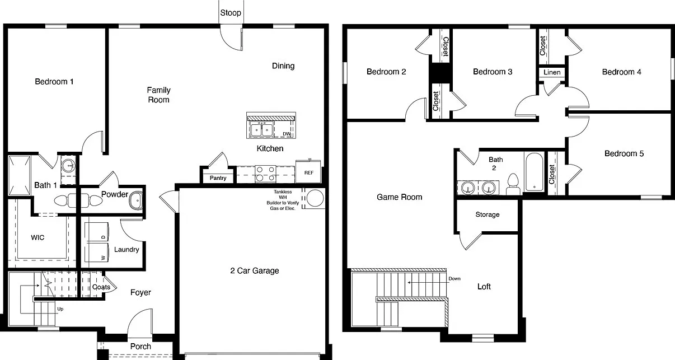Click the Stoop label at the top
click(x=231, y=13)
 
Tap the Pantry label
click(x=218, y=178)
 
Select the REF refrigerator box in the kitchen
click(x=308, y=171)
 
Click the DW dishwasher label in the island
click(x=287, y=134)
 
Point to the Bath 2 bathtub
click(x=535, y=172)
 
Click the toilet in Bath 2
click(x=513, y=184)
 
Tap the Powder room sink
click(x=136, y=200)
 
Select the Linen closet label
click(x=552, y=72)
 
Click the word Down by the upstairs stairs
click(x=454, y=279)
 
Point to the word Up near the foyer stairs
click(x=60, y=309)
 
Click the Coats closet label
click(x=101, y=287)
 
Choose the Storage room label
click(x=487, y=214)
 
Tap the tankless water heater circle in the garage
click(x=315, y=198)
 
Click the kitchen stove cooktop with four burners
click(x=265, y=174)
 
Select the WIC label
click(x=37, y=237)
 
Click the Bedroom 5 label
click(x=624, y=153)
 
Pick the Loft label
click(x=484, y=287)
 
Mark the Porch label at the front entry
click(x=140, y=347)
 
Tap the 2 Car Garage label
click(x=255, y=271)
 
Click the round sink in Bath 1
click(x=69, y=166)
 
